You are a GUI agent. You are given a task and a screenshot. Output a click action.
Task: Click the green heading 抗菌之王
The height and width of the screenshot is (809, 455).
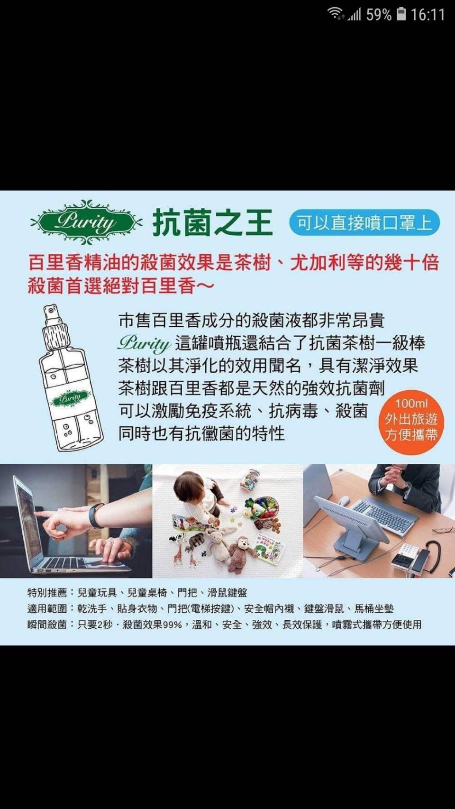pos(212,223)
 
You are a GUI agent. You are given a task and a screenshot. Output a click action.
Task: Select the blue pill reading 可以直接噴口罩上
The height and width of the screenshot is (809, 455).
pos(365,222)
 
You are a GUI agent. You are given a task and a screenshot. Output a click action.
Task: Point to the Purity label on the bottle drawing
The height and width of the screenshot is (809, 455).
pos(71,398)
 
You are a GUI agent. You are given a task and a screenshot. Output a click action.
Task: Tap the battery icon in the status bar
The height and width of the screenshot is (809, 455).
pos(401,14)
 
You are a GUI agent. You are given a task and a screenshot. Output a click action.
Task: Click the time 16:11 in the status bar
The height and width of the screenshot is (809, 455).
pos(428,15)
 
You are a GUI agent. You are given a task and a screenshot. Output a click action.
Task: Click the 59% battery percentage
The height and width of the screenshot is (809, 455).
pos(379,15)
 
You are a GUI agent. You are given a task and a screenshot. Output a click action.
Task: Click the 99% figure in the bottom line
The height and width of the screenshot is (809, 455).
pos(173,625)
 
